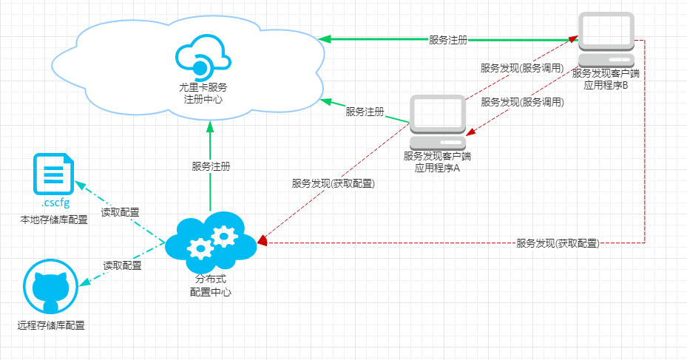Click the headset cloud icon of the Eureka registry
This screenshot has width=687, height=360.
[200, 57]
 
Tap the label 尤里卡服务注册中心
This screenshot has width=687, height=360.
[203, 93]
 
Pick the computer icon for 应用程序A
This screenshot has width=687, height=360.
[438, 122]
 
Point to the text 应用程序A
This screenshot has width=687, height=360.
[438, 168]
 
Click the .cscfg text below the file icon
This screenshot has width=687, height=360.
[53, 203]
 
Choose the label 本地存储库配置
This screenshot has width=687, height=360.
[53, 220]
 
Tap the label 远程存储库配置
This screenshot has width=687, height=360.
[51, 325]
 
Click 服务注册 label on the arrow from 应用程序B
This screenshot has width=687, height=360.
[448, 40]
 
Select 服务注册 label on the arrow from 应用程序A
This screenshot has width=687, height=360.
[365, 112]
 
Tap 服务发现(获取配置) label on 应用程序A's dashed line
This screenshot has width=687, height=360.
[333, 183]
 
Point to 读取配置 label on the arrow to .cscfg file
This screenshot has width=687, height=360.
[121, 212]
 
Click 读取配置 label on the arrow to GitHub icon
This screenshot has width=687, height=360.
[122, 265]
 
